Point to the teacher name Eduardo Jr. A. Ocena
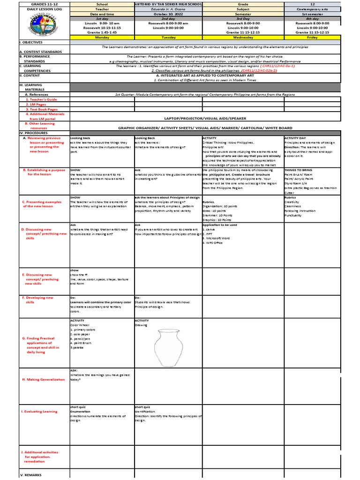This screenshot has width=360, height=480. coord(167,8)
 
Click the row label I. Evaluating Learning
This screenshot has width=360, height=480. coord(39,411)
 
